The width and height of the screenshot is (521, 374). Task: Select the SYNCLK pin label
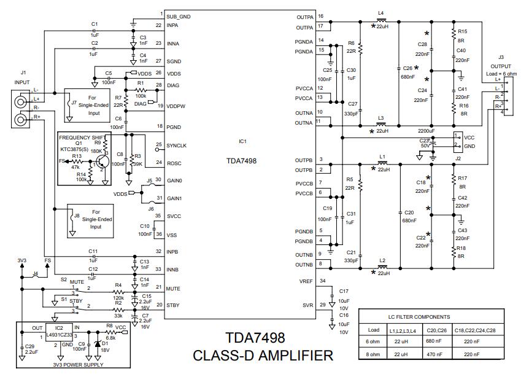[176, 146]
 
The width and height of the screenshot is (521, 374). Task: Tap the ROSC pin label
[174, 163]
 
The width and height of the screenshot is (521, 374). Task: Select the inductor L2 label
[382, 260]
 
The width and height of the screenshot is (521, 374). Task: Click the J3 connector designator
[501, 57]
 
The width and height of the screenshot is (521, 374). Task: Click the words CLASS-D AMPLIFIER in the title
[263, 355]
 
